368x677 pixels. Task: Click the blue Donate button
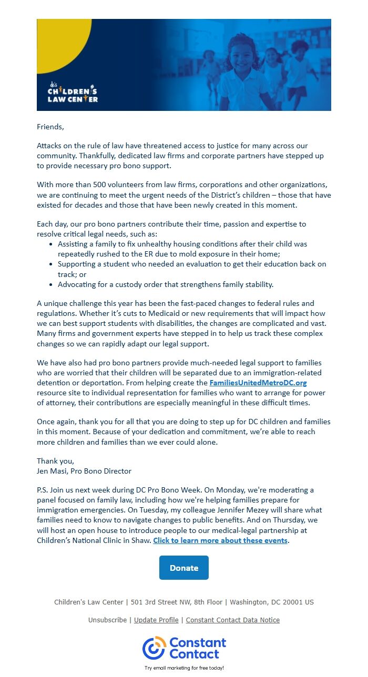click(x=184, y=568)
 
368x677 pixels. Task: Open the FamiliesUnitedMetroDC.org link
click(x=258, y=383)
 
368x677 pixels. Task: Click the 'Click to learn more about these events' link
click(x=220, y=540)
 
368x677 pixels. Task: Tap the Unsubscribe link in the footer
click(x=107, y=620)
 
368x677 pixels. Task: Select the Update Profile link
click(x=156, y=620)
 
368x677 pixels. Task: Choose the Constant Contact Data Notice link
click(x=233, y=620)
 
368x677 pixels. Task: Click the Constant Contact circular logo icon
click(x=154, y=648)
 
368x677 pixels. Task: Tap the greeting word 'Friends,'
click(x=50, y=127)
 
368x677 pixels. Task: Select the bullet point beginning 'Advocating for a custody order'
click(x=166, y=284)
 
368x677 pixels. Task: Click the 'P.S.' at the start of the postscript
click(x=43, y=490)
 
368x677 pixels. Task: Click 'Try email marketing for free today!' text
click(x=184, y=668)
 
